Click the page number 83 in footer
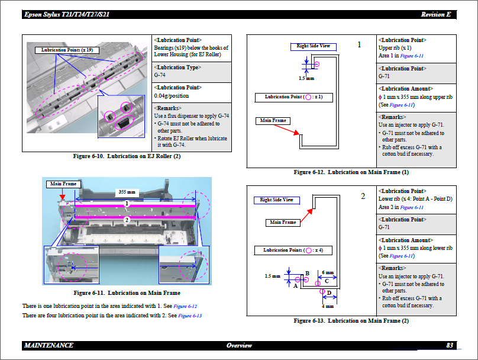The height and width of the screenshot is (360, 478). pos(450,345)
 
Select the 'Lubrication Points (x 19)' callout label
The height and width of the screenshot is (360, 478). pos(66,50)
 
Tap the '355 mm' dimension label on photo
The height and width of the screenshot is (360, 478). pos(127,192)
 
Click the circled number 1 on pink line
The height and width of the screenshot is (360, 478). pos(127,203)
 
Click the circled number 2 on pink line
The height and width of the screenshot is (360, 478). pos(127,219)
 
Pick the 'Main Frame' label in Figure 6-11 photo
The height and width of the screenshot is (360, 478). pos(63,184)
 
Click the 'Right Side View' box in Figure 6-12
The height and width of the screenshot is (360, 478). pos(314,46)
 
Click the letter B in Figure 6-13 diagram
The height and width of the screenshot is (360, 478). pos(308,273)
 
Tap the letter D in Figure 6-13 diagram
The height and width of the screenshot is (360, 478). pos(329,293)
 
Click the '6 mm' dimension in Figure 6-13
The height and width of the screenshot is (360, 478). pos(328,273)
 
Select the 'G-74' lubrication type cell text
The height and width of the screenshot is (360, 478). pos(160,75)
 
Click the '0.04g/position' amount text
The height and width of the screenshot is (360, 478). pos(172,95)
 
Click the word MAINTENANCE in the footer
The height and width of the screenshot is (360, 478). pos(49,345)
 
